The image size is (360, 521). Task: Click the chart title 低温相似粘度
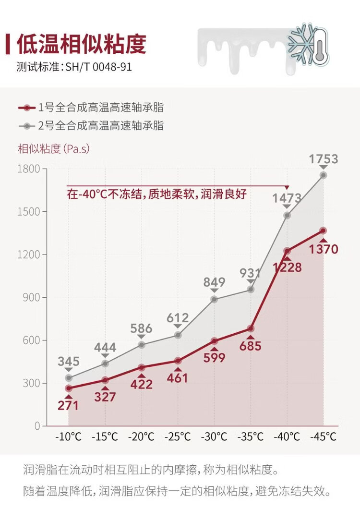(x=81, y=45)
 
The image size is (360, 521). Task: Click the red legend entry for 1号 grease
(x=91, y=107)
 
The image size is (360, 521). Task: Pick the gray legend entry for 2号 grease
(x=91, y=126)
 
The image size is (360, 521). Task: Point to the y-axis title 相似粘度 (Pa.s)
(x=54, y=149)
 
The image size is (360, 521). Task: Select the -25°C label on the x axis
(x=178, y=437)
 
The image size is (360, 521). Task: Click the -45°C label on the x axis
(x=323, y=437)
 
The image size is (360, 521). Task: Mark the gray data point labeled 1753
(x=323, y=175)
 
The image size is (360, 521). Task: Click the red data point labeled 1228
(x=287, y=251)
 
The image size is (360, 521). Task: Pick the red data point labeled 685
(x=251, y=328)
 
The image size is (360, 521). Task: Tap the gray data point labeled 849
(x=214, y=299)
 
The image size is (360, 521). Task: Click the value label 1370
(x=324, y=249)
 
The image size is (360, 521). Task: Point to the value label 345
(x=68, y=362)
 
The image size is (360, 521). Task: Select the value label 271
(x=68, y=406)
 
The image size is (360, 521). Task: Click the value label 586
(x=141, y=329)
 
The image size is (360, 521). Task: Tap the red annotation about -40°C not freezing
(x=157, y=194)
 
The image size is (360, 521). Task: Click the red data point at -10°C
(x=69, y=388)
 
